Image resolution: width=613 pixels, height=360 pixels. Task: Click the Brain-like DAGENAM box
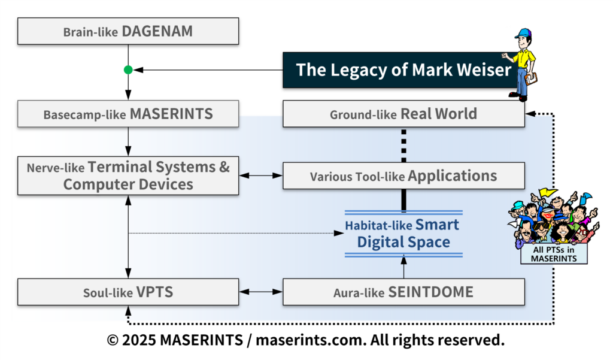click(x=128, y=31)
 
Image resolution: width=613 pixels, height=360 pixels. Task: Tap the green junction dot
click(x=128, y=70)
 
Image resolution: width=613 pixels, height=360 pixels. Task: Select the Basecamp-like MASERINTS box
click(x=128, y=114)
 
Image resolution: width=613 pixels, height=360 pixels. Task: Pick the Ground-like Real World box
click(x=403, y=114)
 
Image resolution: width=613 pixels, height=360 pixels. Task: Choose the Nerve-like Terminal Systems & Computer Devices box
click(x=128, y=176)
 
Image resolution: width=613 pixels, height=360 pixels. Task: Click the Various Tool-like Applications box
click(x=403, y=176)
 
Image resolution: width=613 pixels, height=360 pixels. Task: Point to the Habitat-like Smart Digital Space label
click(x=403, y=234)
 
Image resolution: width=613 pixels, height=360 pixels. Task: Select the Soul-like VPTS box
click(x=128, y=292)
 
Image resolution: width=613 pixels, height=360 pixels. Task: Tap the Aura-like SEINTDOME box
click(x=403, y=292)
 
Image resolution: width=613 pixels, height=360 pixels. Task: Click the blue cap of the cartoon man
click(x=523, y=33)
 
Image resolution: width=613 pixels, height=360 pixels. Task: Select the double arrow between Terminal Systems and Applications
click(x=261, y=176)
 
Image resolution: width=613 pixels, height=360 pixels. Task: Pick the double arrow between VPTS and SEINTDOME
click(x=261, y=292)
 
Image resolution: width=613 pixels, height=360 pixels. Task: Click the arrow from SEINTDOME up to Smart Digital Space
click(x=404, y=267)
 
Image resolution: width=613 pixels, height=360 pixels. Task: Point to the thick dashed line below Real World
click(x=404, y=144)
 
